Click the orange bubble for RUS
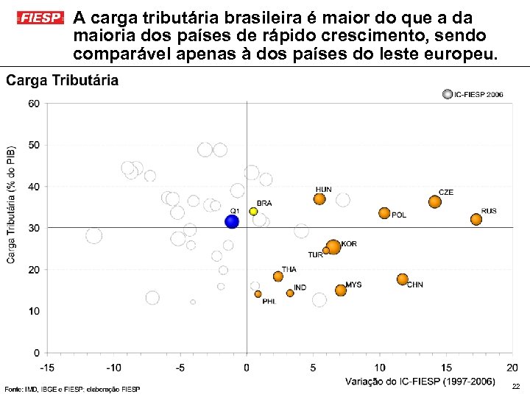[476, 219]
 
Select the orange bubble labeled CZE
[434, 201]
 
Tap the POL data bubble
[384, 213]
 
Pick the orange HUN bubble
[319, 198]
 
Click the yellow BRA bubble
[253, 211]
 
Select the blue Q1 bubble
[232, 221]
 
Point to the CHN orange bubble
[402, 279]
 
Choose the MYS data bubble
[340, 290]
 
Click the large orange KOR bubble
[333, 247]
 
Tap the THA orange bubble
[278, 276]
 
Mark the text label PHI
[269, 301]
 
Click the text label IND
[300, 287]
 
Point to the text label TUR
[315, 255]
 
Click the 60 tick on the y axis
[34, 104]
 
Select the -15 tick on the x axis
[46, 367]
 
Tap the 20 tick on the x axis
[512, 367]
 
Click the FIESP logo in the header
[40, 17]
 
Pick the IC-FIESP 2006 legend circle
[447, 94]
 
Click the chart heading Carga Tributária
[63, 81]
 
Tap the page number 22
[515, 387]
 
